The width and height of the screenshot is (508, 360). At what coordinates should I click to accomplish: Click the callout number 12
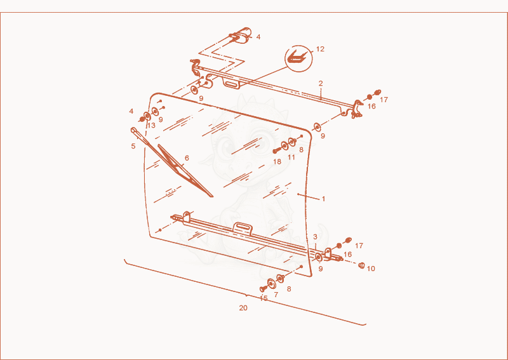coord(320,50)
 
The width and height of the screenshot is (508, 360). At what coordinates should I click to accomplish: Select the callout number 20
coord(243,308)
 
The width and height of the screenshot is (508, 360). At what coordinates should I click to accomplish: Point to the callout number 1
coord(323,199)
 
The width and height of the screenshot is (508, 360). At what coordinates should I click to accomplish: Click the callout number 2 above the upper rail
coord(321,84)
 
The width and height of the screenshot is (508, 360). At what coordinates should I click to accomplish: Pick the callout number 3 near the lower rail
coord(315,237)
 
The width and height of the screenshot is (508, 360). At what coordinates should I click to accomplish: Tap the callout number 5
coord(133,147)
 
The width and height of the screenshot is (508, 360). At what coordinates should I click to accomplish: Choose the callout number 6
coord(187,159)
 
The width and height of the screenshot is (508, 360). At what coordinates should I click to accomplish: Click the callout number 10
coord(371,269)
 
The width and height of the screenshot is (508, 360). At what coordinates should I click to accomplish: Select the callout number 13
coord(151,126)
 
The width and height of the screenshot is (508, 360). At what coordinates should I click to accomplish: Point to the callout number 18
coord(277,161)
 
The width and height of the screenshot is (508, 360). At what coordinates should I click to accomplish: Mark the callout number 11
coord(291,157)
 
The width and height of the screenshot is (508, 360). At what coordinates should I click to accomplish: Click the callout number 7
coord(276,295)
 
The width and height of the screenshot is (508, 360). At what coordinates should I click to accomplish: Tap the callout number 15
coord(264,298)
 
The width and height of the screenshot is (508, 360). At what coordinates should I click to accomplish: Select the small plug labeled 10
coord(361,265)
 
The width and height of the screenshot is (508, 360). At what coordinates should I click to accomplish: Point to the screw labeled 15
coord(263,288)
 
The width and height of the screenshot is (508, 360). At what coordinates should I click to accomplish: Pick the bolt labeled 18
coord(276,150)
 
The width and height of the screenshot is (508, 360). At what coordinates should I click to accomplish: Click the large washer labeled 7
coord(271,284)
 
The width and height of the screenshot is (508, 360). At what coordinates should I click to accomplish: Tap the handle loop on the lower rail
coord(243,227)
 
